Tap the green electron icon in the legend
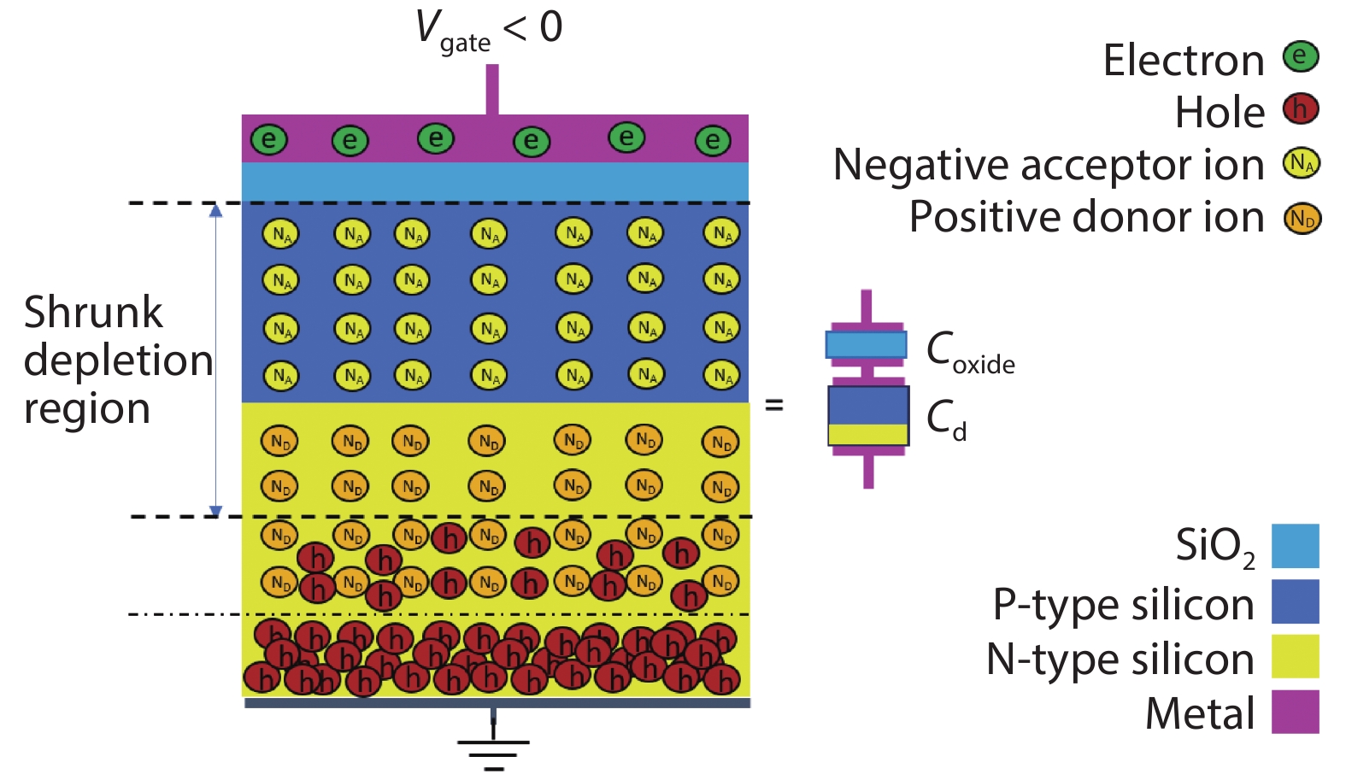[x=1301, y=57]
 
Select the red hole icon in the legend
[x=1301, y=109]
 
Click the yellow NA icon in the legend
[x=1301, y=162]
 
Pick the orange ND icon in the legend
[x=1302, y=219]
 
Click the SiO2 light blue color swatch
[x=1295, y=546]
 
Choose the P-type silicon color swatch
[x=1295, y=601]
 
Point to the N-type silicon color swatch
[x=1295, y=656]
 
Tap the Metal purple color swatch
[x=1295, y=712]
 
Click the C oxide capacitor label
[x=970, y=352]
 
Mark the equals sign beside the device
[x=774, y=405]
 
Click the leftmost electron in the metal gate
[x=268, y=139]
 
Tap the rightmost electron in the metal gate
[x=713, y=141]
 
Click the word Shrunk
[x=92, y=312]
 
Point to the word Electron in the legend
[x=1183, y=60]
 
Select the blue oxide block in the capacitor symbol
[x=866, y=344]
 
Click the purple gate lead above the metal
[x=492, y=89]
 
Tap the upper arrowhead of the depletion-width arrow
[x=215, y=210]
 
